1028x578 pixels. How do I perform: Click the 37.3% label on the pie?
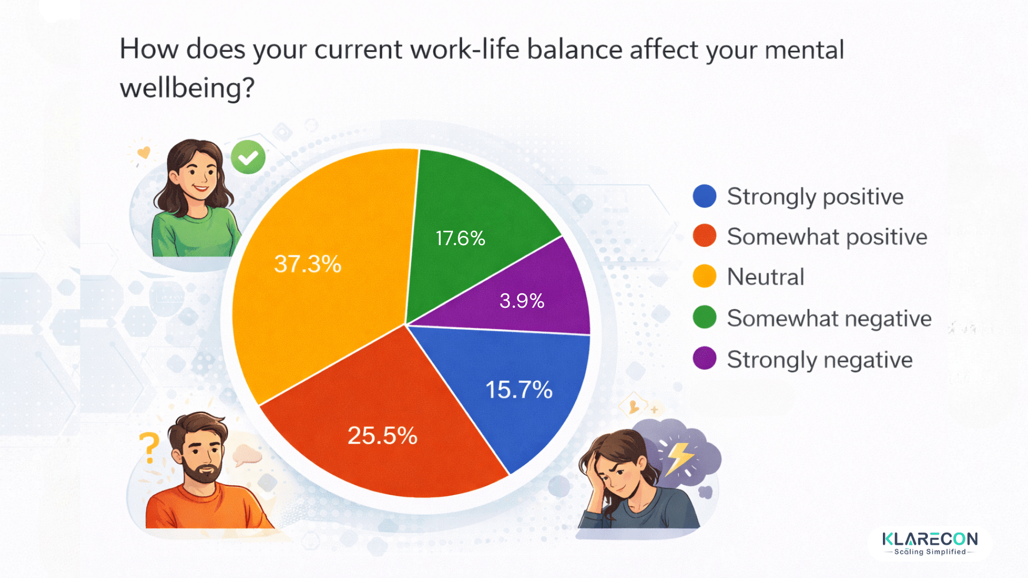pyautogui.click(x=307, y=264)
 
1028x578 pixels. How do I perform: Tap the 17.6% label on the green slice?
pyautogui.click(x=460, y=238)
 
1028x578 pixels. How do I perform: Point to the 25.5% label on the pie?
pyautogui.click(x=382, y=436)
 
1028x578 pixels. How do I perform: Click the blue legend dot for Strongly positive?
pyautogui.click(x=704, y=196)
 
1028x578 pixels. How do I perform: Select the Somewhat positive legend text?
pyautogui.click(x=827, y=237)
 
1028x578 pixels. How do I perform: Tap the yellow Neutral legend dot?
pyautogui.click(x=704, y=276)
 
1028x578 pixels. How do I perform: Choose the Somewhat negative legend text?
pyautogui.click(x=829, y=318)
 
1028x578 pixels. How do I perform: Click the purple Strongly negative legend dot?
pyautogui.click(x=704, y=359)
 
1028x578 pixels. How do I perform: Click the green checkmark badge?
pyautogui.click(x=248, y=157)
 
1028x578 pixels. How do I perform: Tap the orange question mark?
pyautogui.click(x=149, y=447)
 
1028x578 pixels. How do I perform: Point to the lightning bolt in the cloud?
pyautogui.click(x=679, y=458)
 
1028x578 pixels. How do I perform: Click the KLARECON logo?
pyautogui.click(x=929, y=543)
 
